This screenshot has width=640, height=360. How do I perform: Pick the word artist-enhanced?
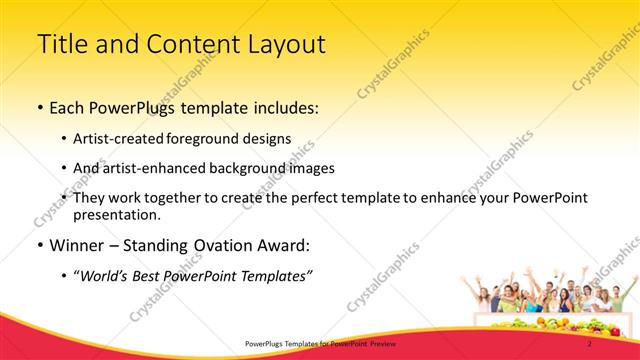152,168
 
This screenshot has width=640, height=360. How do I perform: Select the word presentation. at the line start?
116,214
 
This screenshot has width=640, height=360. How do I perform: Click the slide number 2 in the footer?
590,343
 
